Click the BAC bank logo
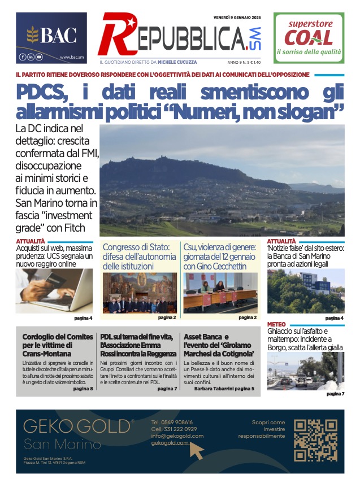51,36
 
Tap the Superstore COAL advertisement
309,38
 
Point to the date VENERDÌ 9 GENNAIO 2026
237,18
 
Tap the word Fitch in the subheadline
73,228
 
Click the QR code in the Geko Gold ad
316,441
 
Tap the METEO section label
276,324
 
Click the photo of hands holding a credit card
54,291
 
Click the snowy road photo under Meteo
305,371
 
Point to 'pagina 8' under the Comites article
83,389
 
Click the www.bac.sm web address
72,57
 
